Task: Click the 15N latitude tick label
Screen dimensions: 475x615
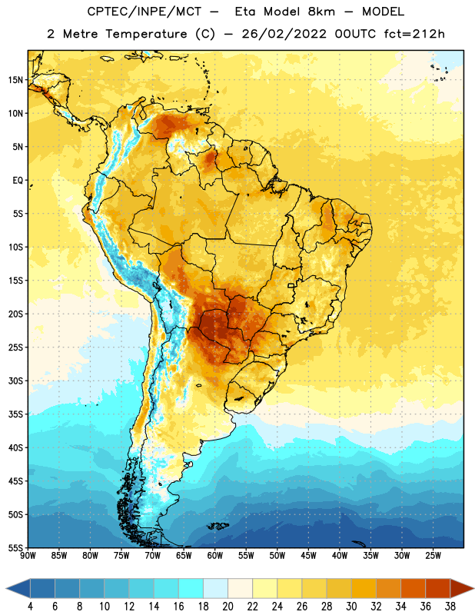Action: click(15, 80)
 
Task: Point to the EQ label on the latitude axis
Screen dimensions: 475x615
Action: click(18, 181)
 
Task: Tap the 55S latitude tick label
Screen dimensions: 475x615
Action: click(15, 547)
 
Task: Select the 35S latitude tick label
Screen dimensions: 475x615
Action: click(15, 414)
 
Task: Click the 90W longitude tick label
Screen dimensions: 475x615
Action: click(28, 556)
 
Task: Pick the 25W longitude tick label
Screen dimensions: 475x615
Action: click(433, 556)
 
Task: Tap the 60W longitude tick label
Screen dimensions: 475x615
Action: click(215, 556)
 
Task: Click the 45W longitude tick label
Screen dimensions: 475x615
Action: click(308, 556)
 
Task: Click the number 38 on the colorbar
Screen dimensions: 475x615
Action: click(450, 607)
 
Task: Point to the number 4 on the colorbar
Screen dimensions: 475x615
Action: click(30, 607)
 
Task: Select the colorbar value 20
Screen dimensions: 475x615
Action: click(228, 607)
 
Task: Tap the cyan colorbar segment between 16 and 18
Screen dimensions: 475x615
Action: click(191, 588)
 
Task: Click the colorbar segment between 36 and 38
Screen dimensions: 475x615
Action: click(438, 588)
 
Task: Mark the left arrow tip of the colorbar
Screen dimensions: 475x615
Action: click(6, 588)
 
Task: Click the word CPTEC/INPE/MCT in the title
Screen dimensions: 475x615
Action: click(144, 12)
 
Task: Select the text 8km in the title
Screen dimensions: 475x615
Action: click(321, 12)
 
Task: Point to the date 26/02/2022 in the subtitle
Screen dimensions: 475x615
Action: click(284, 34)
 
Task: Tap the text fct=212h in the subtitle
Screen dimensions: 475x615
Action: click(414, 34)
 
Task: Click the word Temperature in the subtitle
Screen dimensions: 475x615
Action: click(146, 35)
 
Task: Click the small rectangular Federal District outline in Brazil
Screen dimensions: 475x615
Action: click(291, 286)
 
